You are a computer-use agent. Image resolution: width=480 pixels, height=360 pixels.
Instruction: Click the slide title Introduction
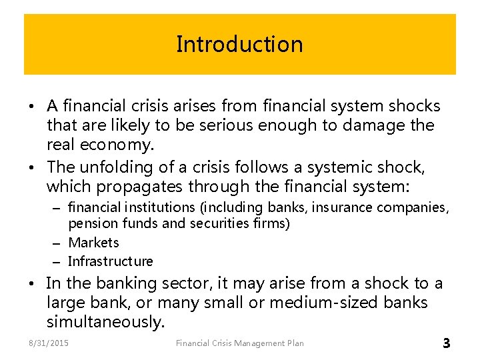[x=239, y=44]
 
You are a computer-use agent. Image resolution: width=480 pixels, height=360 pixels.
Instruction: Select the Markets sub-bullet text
[x=93, y=243]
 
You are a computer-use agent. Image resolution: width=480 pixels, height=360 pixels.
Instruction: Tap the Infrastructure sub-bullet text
[x=111, y=261]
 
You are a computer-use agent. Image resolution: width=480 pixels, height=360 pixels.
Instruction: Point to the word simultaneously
[x=105, y=323]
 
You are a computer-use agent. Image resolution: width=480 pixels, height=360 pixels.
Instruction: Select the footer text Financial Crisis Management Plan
[x=239, y=343]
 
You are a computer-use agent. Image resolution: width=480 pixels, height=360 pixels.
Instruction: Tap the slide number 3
[x=446, y=343]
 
